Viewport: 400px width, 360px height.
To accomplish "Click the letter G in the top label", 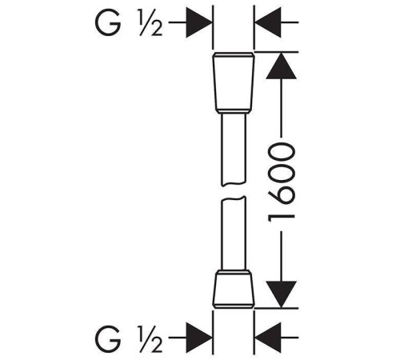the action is [x=107, y=22].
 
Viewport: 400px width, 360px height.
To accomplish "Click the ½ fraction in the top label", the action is [x=150, y=22].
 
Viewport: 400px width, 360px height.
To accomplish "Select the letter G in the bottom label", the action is [x=107, y=338].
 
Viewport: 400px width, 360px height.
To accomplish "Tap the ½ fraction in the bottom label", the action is [x=150, y=338].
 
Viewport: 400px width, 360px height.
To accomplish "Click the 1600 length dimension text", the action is [x=282, y=182].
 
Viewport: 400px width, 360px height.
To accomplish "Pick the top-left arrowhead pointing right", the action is [x=199, y=22].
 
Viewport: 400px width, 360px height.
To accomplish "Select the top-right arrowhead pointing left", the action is [x=268, y=22].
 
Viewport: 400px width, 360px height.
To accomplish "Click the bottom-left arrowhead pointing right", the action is [x=199, y=338].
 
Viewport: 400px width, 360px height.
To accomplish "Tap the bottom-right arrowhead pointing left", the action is [x=268, y=338].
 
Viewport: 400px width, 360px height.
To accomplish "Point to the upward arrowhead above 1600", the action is [x=281, y=66].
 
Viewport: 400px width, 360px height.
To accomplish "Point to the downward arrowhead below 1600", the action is [x=281, y=294].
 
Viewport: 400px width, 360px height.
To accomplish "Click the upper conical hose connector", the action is [x=234, y=82].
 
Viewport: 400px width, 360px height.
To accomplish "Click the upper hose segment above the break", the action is [x=234, y=150].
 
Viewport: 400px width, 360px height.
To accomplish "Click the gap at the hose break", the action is [x=234, y=191].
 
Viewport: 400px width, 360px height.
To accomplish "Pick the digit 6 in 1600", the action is [x=282, y=197].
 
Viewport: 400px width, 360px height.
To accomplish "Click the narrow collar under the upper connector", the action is [x=234, y=112].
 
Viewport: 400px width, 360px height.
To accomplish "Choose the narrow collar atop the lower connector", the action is [x=234, y=273].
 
